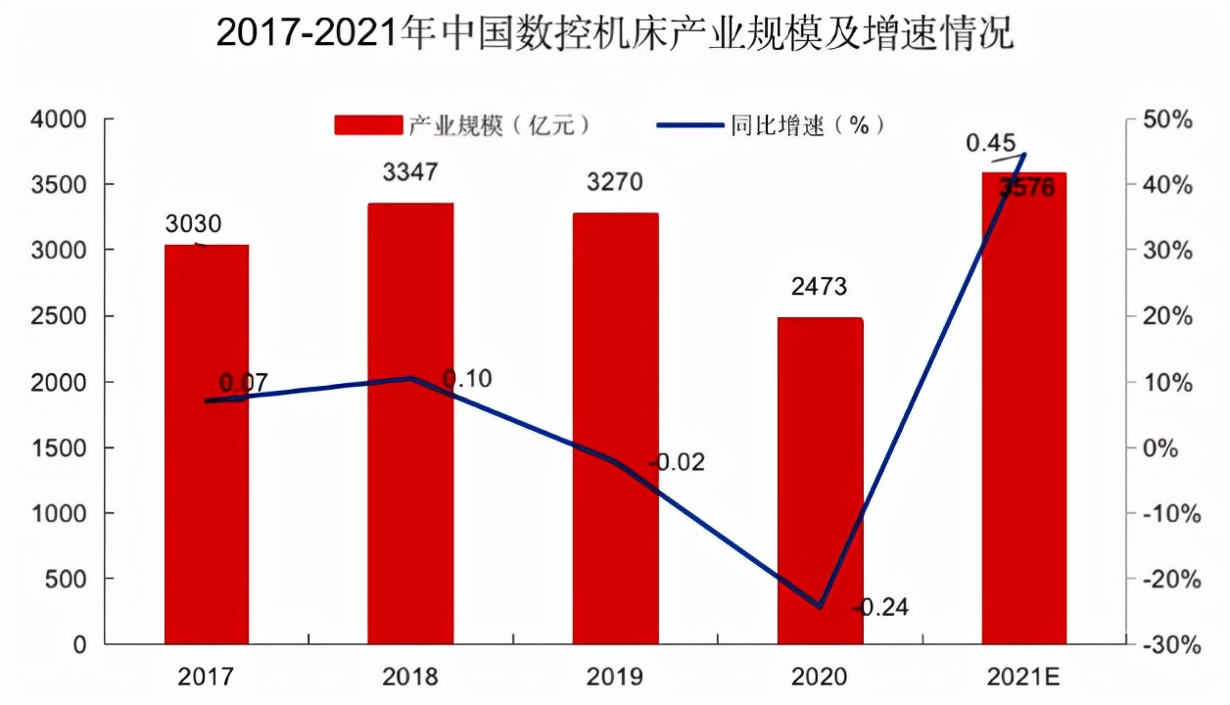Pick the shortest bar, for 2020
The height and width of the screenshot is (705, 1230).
[820, 480]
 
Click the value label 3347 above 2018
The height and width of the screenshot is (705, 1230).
[410, 173]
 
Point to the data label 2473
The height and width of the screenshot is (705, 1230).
[820, 288]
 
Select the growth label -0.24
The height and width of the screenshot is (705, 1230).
[880, 608]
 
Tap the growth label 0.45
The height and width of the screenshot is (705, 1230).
[991, 144]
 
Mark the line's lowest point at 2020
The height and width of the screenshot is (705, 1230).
[820, 606]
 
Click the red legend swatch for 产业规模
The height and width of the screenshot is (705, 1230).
[368, 125]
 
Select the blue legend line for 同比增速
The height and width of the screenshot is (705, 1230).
[691, 125]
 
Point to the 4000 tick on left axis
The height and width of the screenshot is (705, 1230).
[61, 119]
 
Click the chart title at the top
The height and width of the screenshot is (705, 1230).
[615, 34]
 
